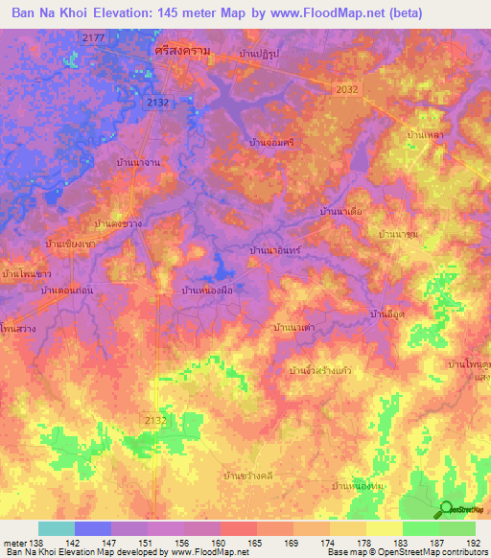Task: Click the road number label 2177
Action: point(93,36)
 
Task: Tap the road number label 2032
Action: point(347,89)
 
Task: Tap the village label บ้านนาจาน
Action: point(136,165)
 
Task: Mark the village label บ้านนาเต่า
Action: point(295,328)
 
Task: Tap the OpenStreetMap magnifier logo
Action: point(447,508)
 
